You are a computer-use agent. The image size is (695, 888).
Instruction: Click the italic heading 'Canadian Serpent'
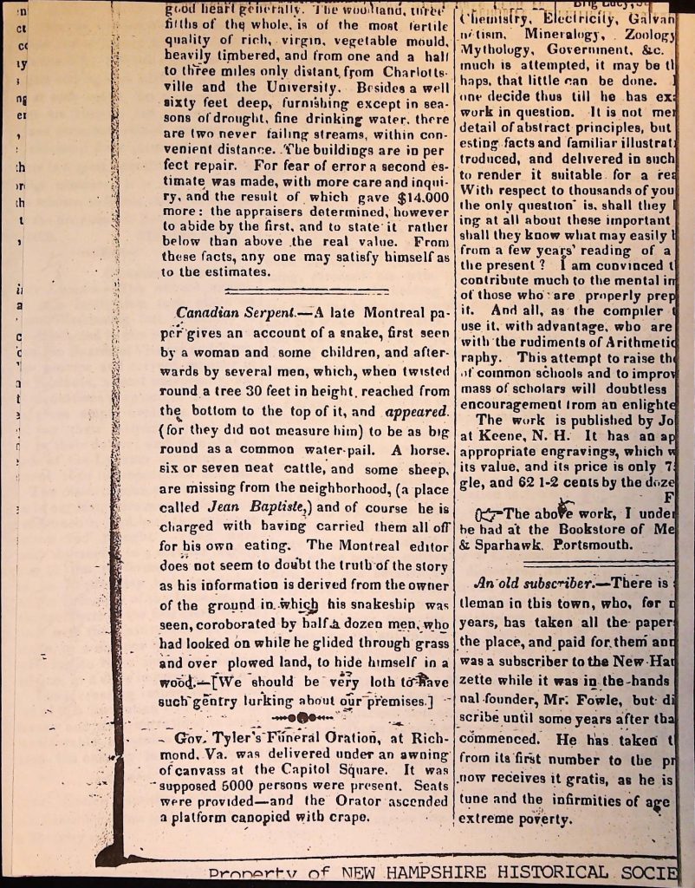pyautogui.click(x=228, y=312)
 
